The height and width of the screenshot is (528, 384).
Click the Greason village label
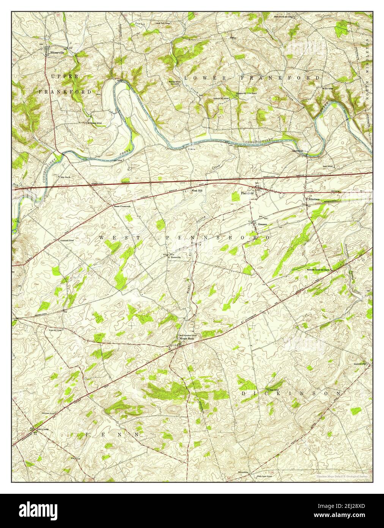point(263,224)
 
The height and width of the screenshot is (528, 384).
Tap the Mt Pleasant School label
point(94,123)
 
